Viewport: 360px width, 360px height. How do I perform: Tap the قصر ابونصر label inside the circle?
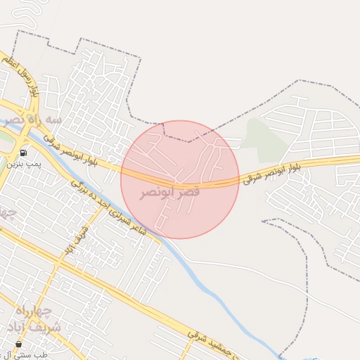pos(169,192)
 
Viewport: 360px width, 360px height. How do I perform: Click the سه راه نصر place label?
pos(32,120)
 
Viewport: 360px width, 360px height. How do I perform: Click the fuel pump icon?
pos(24,153)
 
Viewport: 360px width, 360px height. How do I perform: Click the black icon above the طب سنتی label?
pos(18,344)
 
